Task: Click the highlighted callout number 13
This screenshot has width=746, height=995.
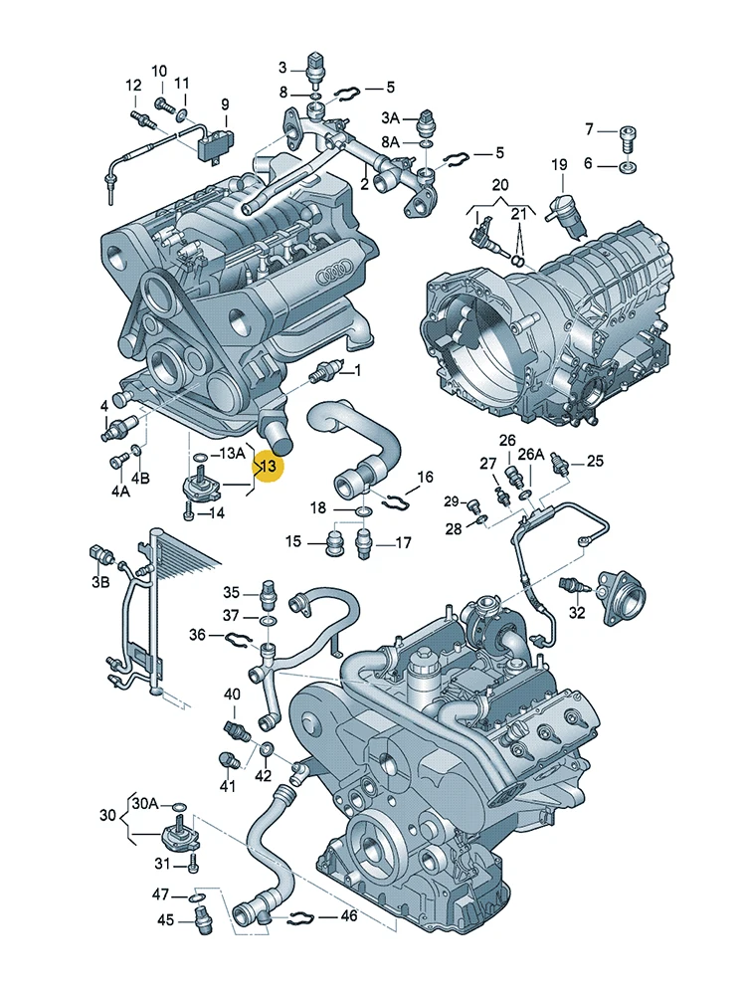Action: point(269,467)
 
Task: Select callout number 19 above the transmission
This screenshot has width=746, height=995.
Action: point(559,165)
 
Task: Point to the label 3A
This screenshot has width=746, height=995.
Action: point(390,118)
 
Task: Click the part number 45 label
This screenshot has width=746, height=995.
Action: point(165,919)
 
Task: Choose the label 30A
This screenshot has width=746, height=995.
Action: point(145,803)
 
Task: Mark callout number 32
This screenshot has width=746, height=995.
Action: point(577,612)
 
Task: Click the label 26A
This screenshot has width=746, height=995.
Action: point(531,455)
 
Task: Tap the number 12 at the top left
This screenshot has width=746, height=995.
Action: point(133,85)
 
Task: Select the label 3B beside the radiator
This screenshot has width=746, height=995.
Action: point(100,581)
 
